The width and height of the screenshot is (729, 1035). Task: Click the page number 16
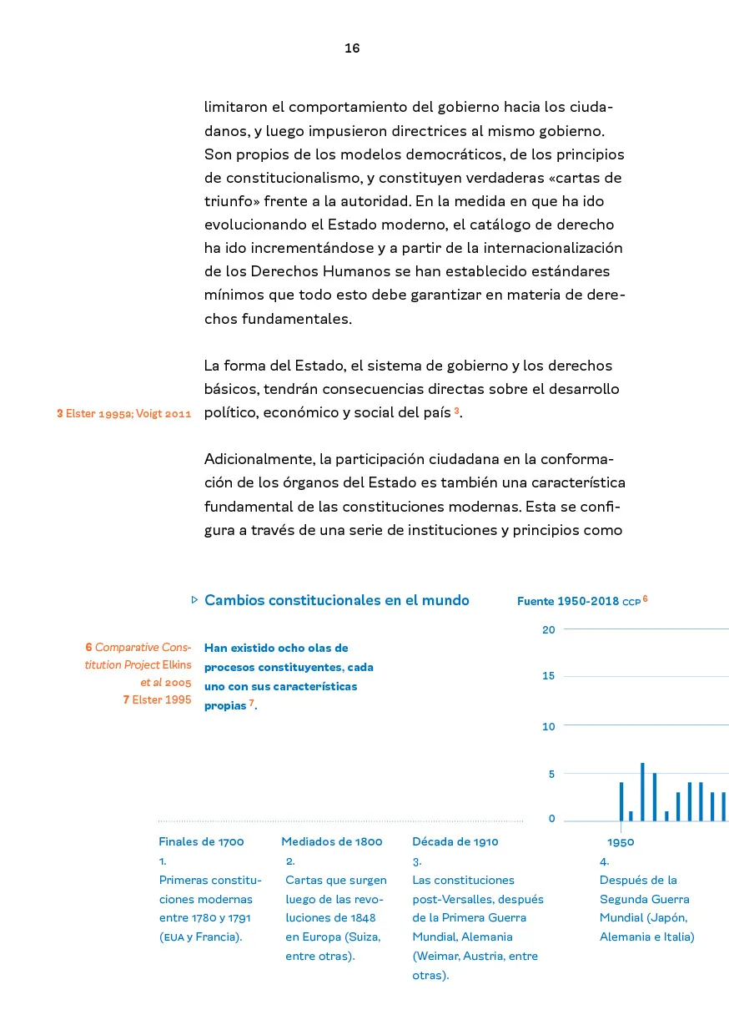(352, 48)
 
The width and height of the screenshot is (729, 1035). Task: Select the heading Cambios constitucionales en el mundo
(336, 600)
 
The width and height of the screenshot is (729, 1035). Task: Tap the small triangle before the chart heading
(194, 599)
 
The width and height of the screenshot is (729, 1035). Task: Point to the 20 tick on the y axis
(548, 629)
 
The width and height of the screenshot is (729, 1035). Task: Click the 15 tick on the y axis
(548, 676)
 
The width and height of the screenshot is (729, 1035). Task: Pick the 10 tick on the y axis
(548, 726)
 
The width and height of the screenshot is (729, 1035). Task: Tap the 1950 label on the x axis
(621, 841)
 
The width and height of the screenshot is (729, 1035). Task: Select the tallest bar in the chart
(642, 791)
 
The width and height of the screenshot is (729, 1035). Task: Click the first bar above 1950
(621, 801)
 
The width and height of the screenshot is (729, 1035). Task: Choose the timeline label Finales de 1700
(201, 841)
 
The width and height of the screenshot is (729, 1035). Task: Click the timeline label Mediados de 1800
(331, 841)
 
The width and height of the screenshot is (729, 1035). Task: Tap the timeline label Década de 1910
(455, 841)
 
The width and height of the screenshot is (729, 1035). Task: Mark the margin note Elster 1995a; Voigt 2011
(124, 413)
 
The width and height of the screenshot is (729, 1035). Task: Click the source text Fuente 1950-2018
(568, 601)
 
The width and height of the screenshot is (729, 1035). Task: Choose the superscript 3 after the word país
(457, 411)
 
